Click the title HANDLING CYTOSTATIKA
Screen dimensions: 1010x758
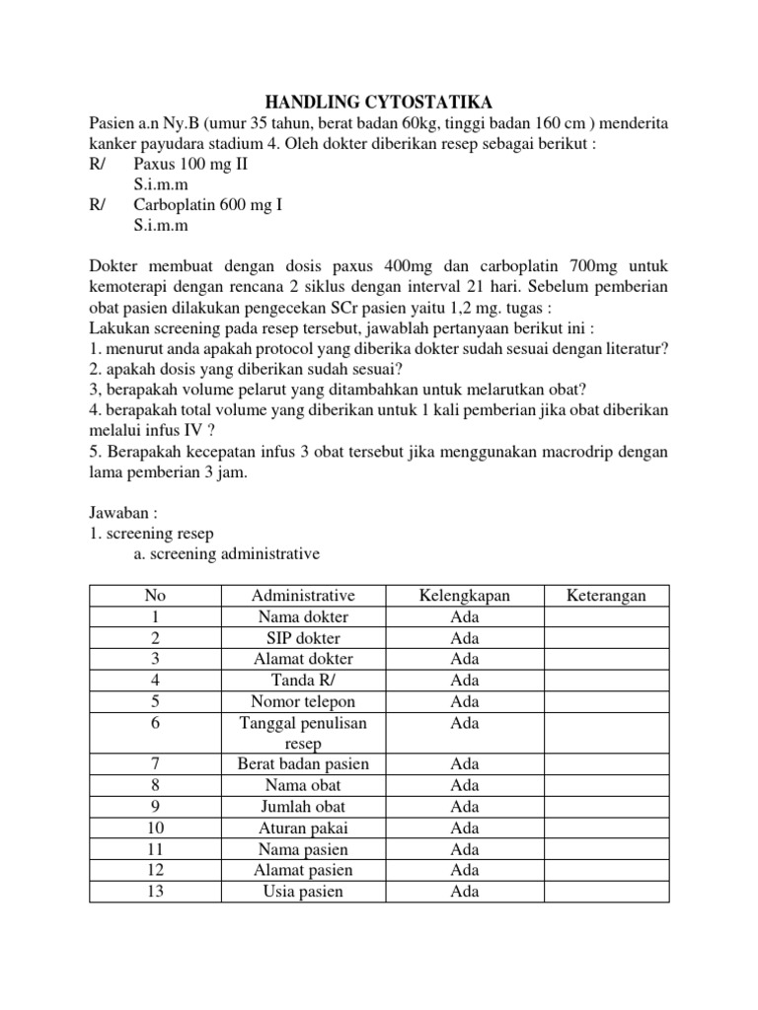379,103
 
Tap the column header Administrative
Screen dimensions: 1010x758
302,596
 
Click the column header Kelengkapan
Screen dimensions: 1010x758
465,596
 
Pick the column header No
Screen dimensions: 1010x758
155,596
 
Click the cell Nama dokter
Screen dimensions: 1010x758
302,617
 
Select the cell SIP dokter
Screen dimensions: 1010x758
302,638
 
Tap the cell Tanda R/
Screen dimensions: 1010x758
302,681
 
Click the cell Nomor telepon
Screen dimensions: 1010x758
302,701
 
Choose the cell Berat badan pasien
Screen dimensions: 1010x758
302,764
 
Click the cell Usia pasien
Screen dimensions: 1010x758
302,891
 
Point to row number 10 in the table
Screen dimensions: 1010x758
155,828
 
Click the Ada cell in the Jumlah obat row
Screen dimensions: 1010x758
465,807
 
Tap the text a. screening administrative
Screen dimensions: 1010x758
227,554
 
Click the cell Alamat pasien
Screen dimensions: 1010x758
302,870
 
